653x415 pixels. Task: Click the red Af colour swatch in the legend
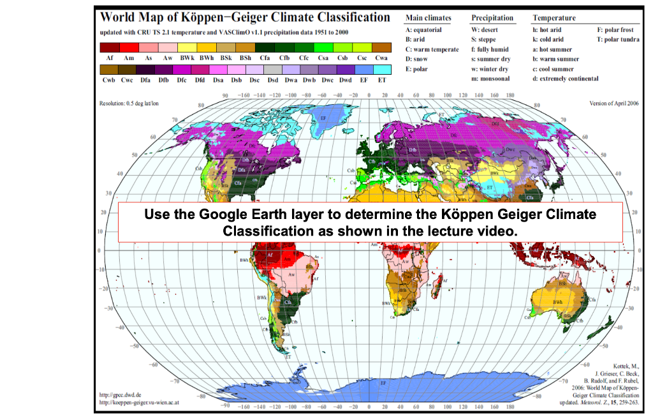tap(110, 47)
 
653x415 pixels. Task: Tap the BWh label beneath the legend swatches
tap(206, 57)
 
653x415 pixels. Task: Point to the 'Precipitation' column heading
tap(492, 18)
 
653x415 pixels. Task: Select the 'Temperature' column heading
tap(554, 18)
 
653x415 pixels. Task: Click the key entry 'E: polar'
tap(422, 69)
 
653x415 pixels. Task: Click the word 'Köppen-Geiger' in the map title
tap(207, 17)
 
